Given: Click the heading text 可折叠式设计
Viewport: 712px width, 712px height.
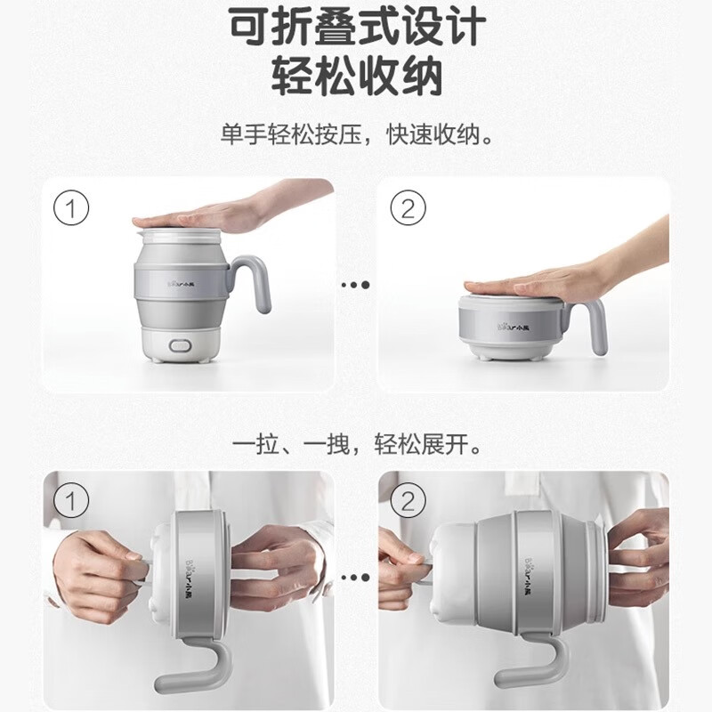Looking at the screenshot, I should (x=356, y=28).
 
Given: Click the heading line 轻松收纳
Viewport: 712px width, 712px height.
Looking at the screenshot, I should (x=356, y=78).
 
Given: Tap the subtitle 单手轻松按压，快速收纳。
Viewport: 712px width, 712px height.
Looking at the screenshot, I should (x=356, y=135).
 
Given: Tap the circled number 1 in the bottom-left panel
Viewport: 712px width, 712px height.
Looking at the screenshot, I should (x=73, y=502).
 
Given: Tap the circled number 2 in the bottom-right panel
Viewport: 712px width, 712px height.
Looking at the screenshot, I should (x=408, y=502).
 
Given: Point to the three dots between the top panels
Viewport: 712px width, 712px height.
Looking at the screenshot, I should (x=356, y=285).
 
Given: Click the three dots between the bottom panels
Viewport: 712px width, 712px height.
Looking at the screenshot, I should (x=356, y=577).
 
